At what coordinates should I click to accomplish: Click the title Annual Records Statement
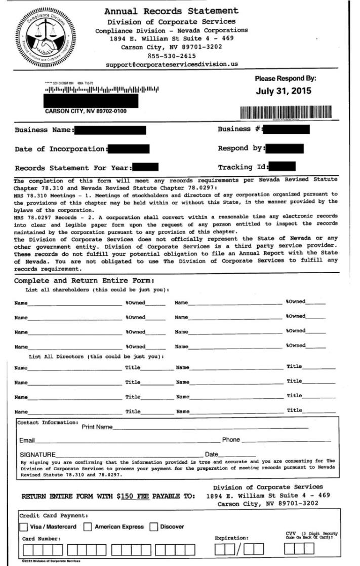tap(171, 11)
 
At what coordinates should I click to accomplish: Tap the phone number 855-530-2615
tap(171, 56)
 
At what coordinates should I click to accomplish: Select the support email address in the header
tap(172, 64)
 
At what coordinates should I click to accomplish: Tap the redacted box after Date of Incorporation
tap(129, 149)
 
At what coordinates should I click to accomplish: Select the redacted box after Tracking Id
tap(283, 167)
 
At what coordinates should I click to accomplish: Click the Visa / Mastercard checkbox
tap(24, 526)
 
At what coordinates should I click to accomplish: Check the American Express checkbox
tap(88, 526)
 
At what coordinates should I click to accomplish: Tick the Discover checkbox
tap(154, 526)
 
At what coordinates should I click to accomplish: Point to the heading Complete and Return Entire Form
tap(84, 281)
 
